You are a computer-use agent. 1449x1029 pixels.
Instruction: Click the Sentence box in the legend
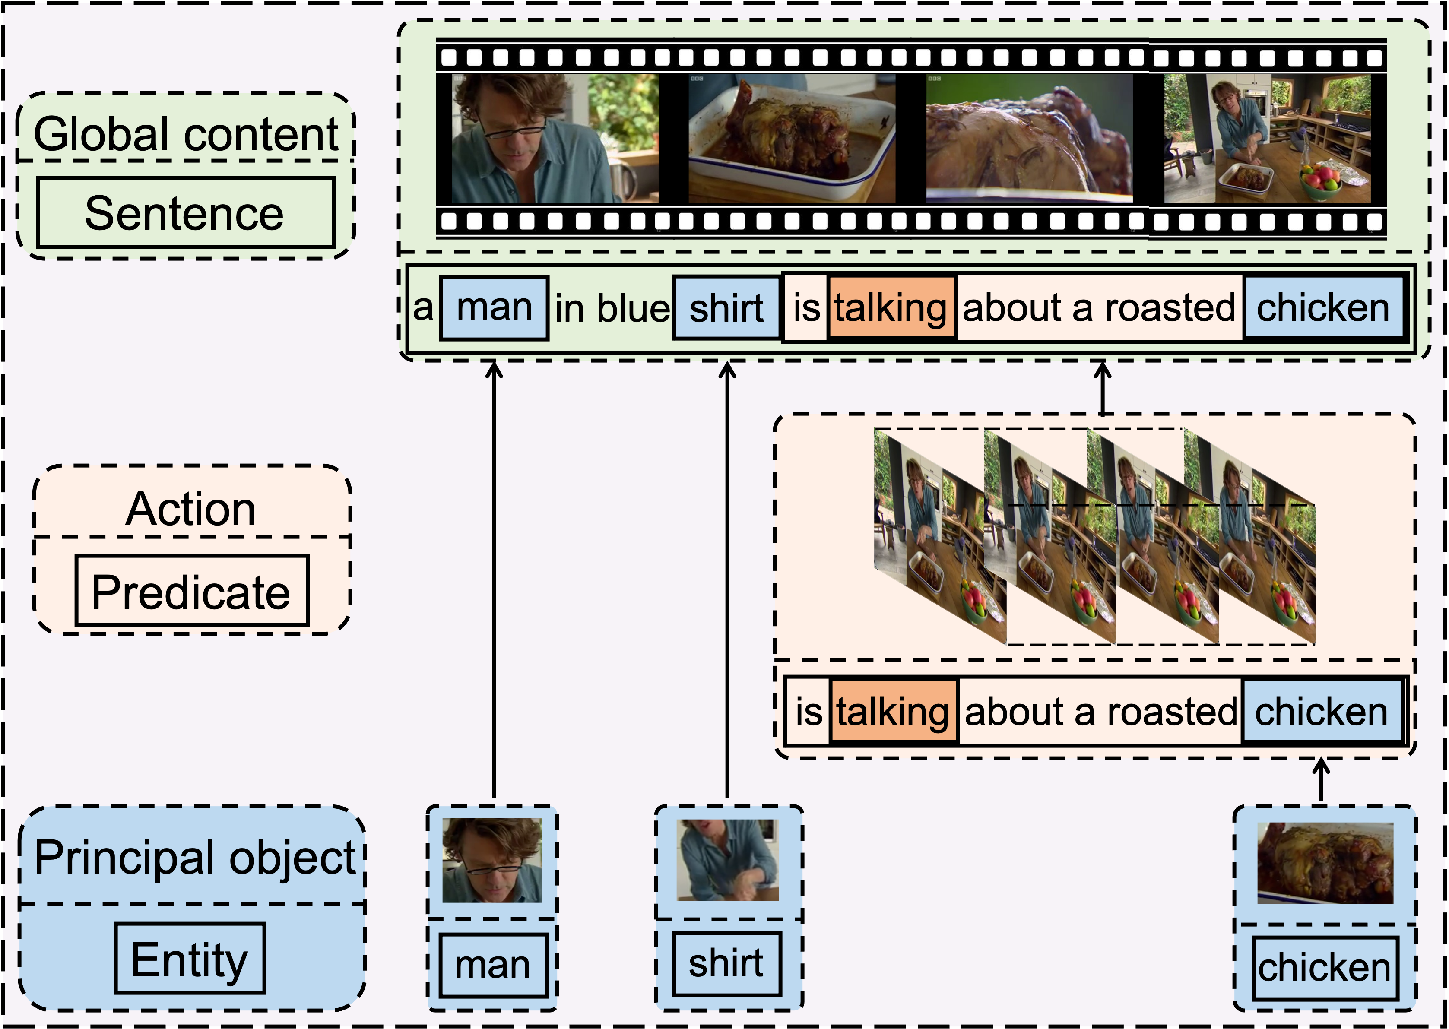coord(185,213)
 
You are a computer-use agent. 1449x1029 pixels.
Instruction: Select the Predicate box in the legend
coord(191,591)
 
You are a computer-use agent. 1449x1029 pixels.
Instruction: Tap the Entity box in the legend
coord(190,958)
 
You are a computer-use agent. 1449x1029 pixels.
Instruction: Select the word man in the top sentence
coord(494,308)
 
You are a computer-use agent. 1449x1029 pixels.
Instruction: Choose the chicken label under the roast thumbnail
coord(1324,968)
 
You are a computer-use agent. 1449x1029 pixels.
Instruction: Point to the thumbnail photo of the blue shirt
coord(727,860)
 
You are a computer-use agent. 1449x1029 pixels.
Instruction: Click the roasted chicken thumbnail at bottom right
coord(1325,863)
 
